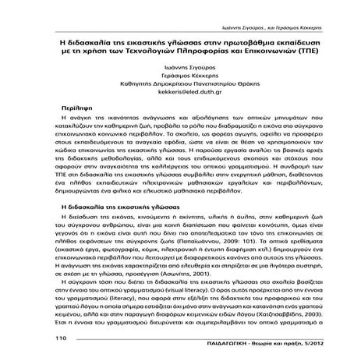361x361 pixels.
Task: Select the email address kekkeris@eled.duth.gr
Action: pos(180,91)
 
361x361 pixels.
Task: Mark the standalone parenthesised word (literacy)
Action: pos(126,307)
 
